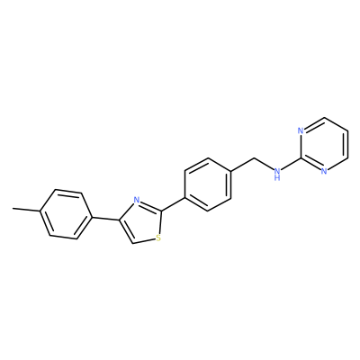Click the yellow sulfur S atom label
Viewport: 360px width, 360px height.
(x=158, y=238)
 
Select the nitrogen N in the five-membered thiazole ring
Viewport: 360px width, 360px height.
(x=137, y=200)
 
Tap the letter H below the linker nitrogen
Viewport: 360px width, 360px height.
(x=277, y=177)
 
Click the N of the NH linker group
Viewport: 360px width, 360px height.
(x=277, y=171)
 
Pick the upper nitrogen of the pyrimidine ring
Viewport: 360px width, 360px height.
(x=301, y=130)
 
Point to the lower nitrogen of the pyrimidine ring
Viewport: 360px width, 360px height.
(x=324, y=171)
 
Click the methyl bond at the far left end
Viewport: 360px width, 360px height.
(x=26, y=210)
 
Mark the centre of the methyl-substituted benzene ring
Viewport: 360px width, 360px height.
(x=66, y=214)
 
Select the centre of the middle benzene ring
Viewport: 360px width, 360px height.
(x=208, y=184)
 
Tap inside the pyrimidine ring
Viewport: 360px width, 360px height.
(x=324, y=144)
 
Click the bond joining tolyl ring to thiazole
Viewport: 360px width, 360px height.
(x=105, y=219)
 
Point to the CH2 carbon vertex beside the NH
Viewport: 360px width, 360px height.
(x=255, y=157)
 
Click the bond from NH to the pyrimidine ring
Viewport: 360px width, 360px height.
(x=291, y=165)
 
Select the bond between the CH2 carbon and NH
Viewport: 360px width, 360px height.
(x=264, y=163)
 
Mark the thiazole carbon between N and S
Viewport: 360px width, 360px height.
(x=161, y=211)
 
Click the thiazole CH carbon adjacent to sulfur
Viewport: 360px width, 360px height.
(x=132, y=243)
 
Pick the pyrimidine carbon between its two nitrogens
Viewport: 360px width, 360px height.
(x=301, y=158)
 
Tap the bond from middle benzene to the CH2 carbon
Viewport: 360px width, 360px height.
(x=243, y=165)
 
